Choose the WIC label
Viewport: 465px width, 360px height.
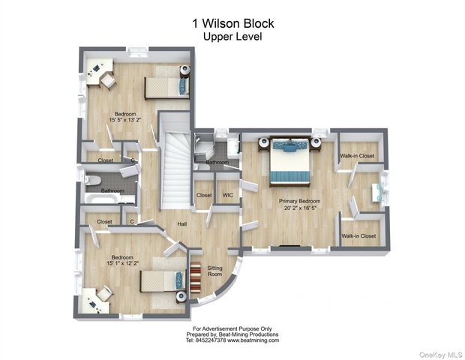228,195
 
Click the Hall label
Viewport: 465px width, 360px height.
182,223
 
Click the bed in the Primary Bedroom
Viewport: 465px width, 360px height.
289,160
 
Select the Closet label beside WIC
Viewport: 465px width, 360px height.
204,195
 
